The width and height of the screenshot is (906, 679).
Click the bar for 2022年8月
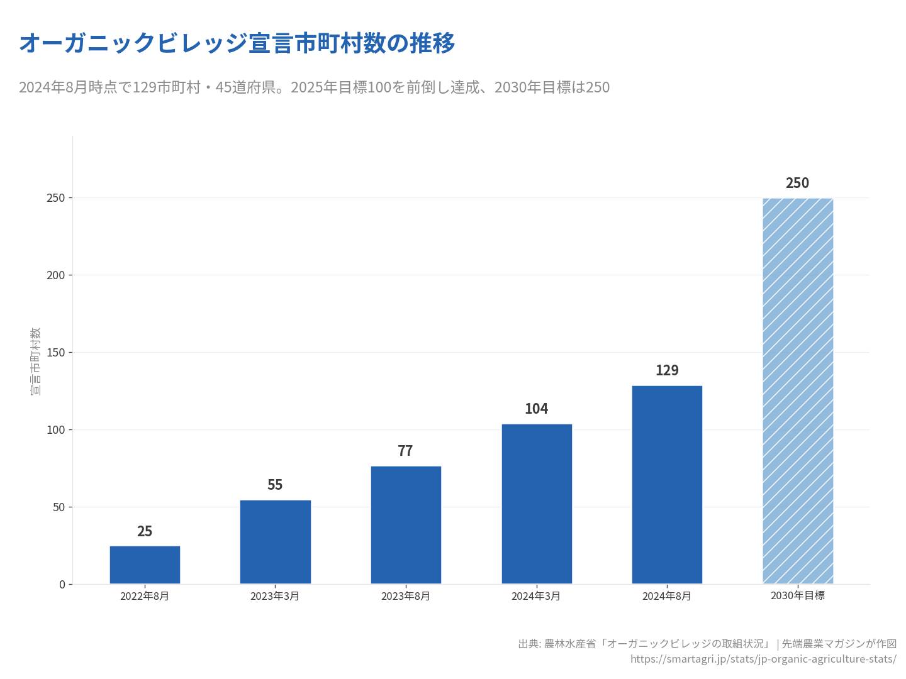(145, 565)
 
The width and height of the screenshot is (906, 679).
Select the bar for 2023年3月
(275, 541)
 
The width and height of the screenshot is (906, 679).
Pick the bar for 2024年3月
(537, 504)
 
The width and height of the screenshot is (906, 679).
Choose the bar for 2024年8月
(667, 484)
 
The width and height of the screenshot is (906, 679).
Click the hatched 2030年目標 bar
(798, 390)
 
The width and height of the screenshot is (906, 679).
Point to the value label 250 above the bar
(798, 183)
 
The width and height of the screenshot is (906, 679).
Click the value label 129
(667, 370)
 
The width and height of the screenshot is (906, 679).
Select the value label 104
(537, 409)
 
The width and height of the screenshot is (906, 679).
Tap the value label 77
(406, 451)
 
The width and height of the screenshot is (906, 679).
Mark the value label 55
(275, 485)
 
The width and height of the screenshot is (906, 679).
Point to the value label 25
(145, 531)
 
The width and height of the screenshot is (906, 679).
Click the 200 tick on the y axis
(56, 275)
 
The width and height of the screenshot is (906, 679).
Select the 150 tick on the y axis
(56, 352)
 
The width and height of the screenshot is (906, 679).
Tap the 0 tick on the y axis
(62, 584)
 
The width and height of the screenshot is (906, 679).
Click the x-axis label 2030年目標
(798, 595)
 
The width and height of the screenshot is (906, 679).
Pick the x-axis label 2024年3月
(536, 596)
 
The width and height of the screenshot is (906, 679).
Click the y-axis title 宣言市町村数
(35, 361)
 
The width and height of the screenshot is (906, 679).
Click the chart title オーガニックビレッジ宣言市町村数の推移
(237, 43)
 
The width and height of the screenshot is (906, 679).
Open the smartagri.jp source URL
(763, 659)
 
